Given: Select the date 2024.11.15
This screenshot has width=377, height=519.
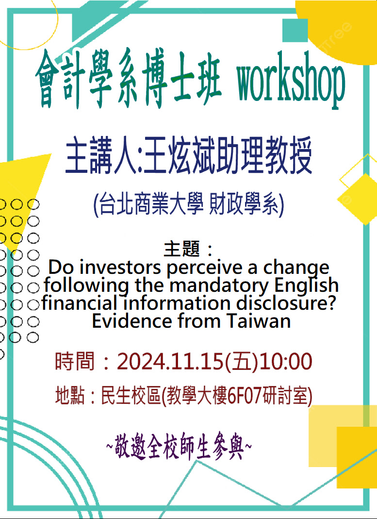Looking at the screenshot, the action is [170, 361].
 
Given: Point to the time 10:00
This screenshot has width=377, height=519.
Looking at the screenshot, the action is [285, 361].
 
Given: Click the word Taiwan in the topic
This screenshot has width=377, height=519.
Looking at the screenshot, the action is [259, 321].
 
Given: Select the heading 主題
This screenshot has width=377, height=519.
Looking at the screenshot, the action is [182, 249].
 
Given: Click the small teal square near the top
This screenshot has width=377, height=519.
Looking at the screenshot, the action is [295, 30].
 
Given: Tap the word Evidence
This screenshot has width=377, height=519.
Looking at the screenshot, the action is [132, 321].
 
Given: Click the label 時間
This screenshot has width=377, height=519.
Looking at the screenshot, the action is [75, 361].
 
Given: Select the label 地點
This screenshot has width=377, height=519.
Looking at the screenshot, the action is [70, 396].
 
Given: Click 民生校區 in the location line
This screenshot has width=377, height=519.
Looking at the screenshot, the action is [131, 396].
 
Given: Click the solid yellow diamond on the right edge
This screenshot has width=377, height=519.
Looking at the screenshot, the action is [359, 199].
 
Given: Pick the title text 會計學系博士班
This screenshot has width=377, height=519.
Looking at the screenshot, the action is [128, 80].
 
